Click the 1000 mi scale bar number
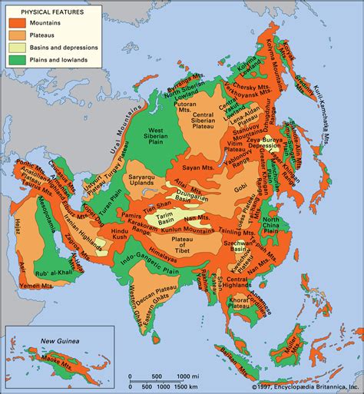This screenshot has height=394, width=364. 202,376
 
